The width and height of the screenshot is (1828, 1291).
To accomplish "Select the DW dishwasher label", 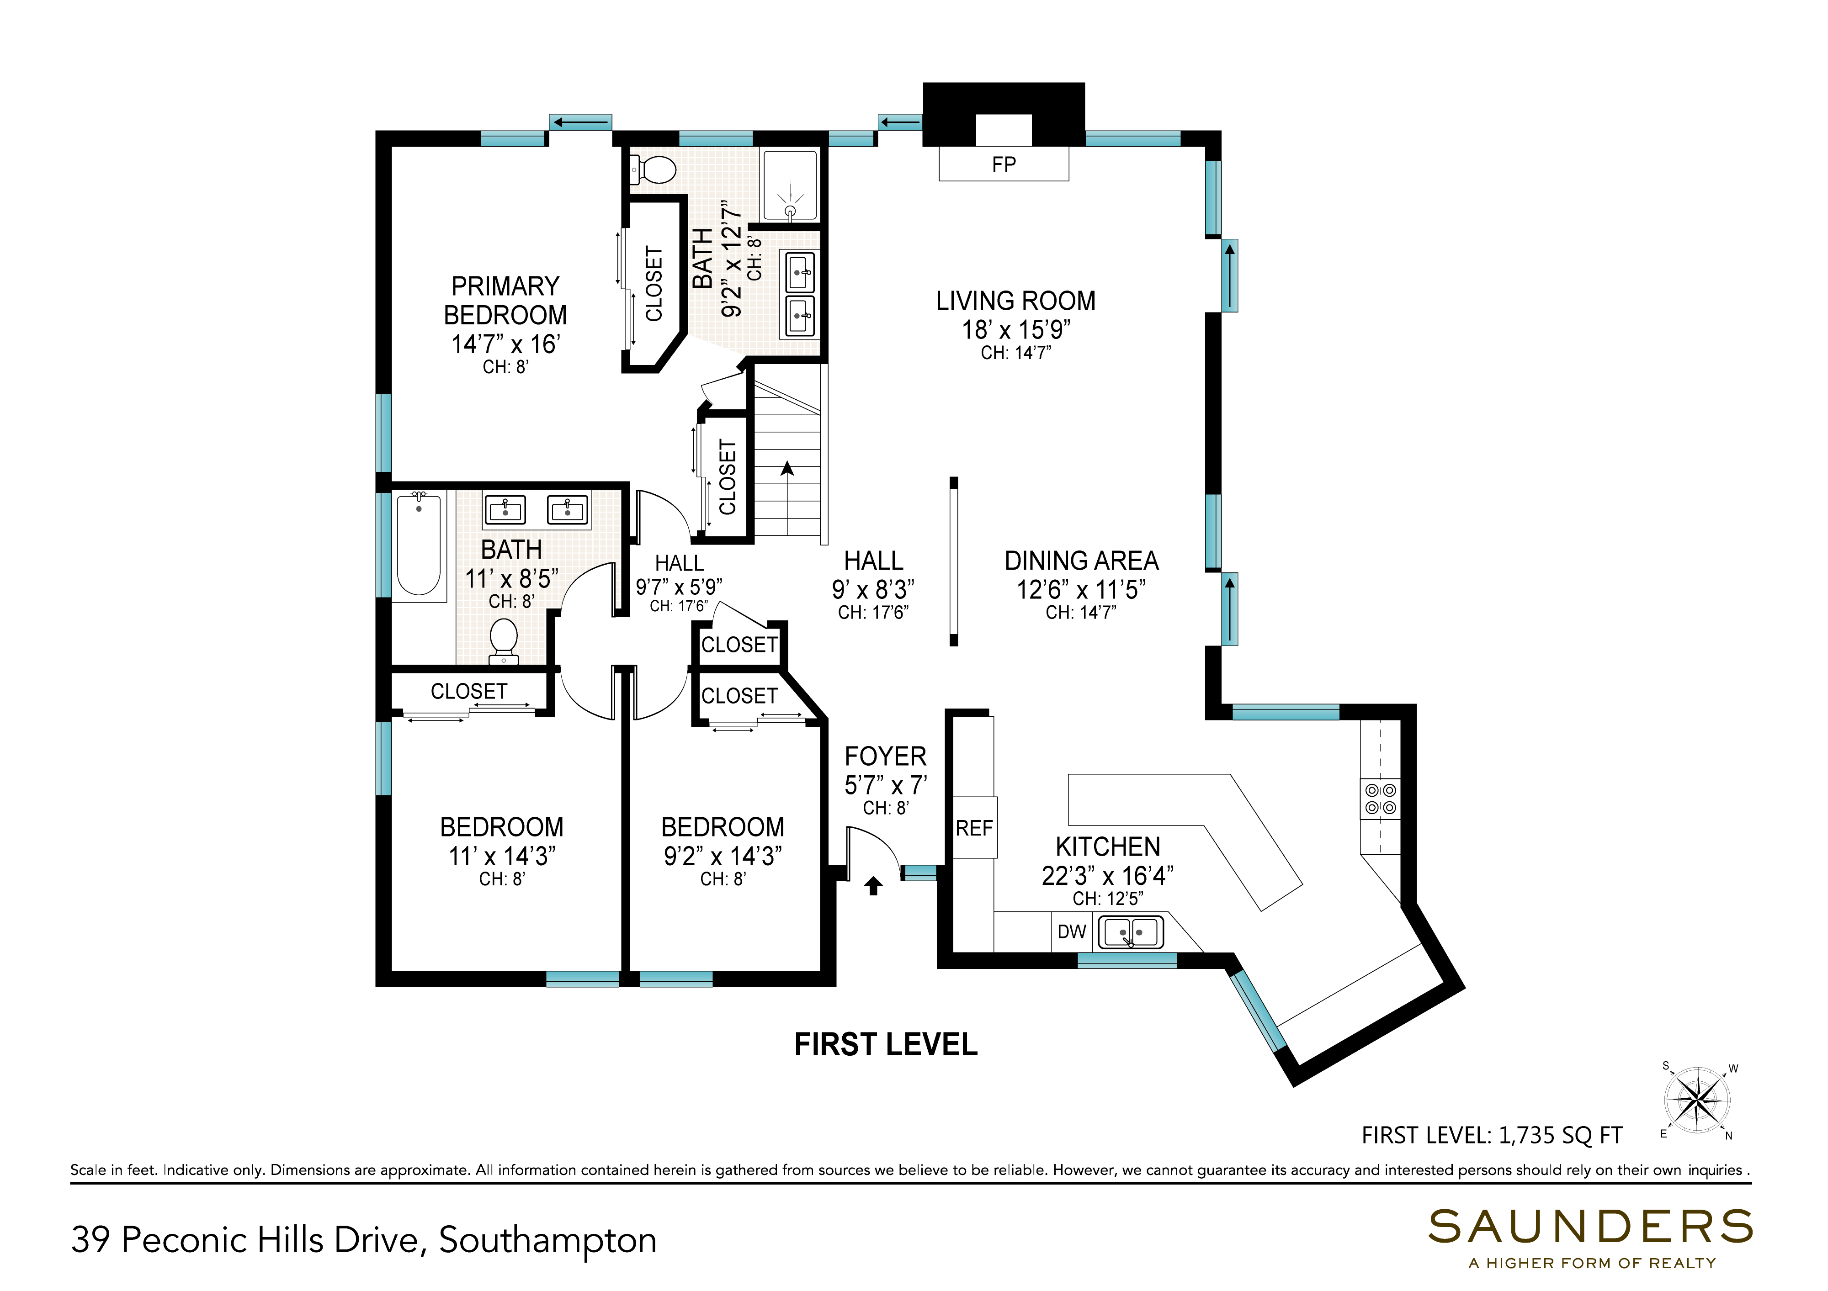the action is click(1072, 931).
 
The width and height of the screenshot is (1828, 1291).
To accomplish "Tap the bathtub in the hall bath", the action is click(419, 545).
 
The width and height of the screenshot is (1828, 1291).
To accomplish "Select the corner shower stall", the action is click(790, 185).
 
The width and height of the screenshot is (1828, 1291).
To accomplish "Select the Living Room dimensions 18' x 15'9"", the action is click(1016, 329).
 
